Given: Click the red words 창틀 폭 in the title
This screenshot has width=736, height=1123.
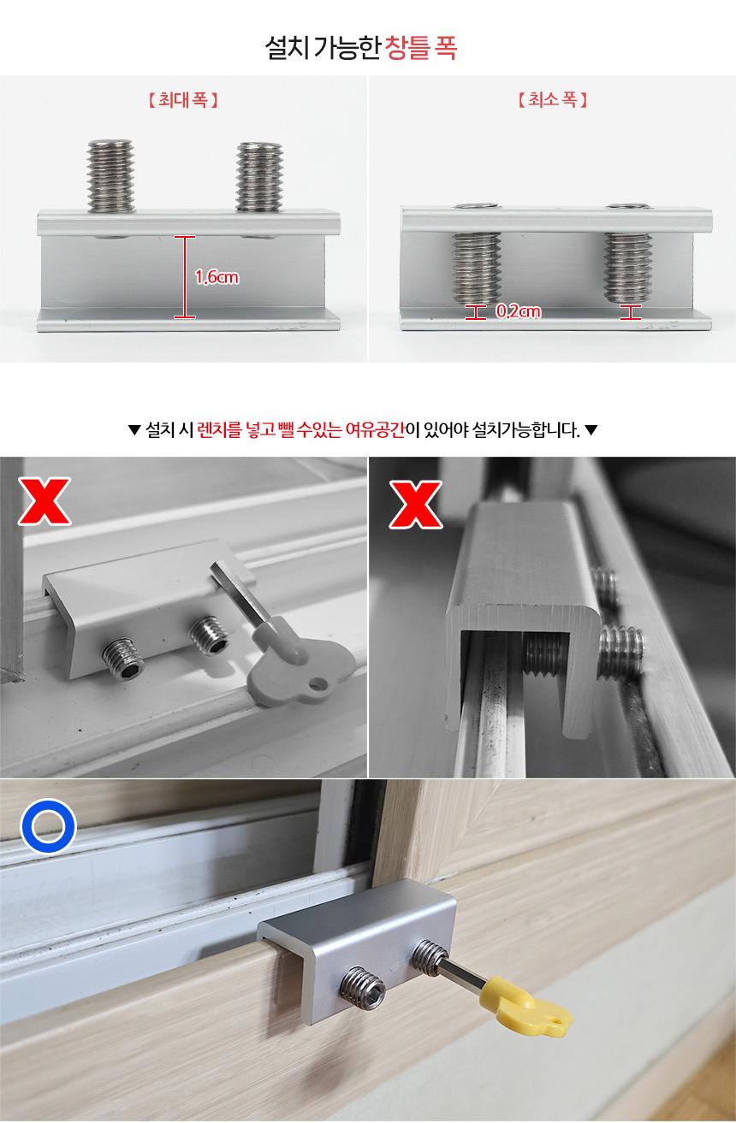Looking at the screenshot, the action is coord(420,48).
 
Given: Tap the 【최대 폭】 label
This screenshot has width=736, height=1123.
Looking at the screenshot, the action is coord(183,100).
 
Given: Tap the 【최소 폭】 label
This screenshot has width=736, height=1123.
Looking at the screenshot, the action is coord(552,100).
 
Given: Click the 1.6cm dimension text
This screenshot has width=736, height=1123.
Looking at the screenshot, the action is coord(217,277).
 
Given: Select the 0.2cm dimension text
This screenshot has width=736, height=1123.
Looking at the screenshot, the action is coord(519,311).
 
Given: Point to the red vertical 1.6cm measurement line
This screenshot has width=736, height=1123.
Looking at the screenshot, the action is coord(185,277).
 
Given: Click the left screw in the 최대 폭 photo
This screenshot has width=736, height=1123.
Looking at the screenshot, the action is coord(111,175).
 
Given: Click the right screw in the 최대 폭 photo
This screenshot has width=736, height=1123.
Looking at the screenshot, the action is coord(259,176).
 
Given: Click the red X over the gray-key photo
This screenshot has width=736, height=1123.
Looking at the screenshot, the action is coord(45,501).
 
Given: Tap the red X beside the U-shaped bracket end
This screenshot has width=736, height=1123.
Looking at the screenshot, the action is coord(415,504).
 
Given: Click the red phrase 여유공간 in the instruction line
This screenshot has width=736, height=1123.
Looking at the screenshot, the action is coord(375,429).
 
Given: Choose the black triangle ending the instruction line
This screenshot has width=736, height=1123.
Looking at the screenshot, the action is coord(591,430).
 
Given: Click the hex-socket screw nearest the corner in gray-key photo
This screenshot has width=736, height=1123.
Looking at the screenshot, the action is coord(123,659).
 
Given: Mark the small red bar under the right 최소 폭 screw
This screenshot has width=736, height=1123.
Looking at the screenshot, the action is coord(631,312).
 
